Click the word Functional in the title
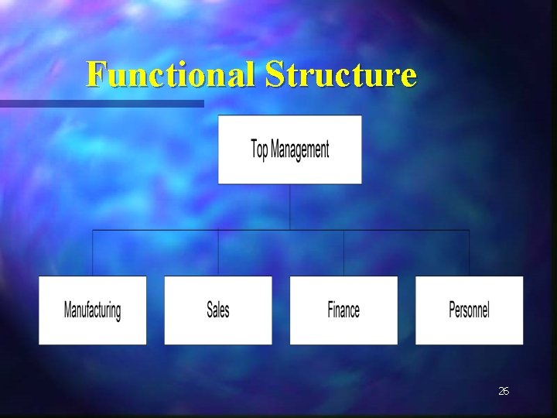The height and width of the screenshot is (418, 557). (172, 74)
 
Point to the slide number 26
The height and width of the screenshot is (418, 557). (504, 392)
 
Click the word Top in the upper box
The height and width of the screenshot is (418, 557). (260, 149)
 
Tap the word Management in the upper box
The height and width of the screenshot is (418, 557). (300, 149)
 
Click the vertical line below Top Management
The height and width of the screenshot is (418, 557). (290, 206)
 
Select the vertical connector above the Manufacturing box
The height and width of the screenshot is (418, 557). (93, 253)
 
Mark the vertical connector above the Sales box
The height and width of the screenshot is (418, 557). (218, 253)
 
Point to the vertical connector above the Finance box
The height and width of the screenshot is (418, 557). (343, 253)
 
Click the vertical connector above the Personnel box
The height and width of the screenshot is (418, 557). (469, 253)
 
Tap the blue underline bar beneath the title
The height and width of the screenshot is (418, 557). (101, 103)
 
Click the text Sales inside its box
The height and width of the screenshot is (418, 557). (218, 310)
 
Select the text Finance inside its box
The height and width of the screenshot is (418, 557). (343, 310)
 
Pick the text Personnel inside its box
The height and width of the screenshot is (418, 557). (469, 310)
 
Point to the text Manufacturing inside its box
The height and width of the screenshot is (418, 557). (92, 310)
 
